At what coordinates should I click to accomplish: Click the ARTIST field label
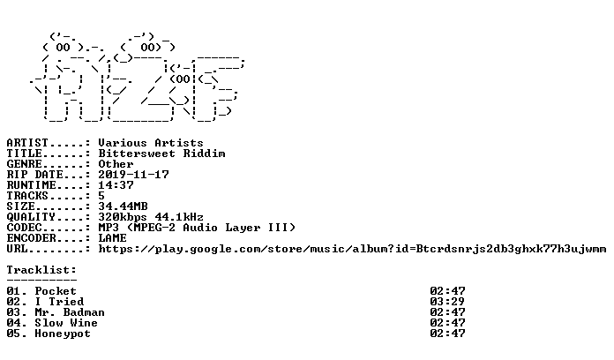point(27,143)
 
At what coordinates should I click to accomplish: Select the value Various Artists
point(151,143)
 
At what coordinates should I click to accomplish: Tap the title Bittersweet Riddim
point(161,154)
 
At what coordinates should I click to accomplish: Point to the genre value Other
point(116,164)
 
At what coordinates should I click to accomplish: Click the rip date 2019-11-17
point(133,175)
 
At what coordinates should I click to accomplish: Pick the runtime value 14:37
point(116,185)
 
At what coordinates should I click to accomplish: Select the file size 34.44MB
point(123,206)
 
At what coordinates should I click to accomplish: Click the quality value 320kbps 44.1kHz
point(151,217)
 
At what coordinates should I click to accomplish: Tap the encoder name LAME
point(112,237)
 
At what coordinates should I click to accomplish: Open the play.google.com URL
point(352,249)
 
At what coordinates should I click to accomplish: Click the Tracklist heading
point(41,270)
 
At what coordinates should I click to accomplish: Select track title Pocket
point(56,291)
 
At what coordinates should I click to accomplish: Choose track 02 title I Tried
point(59,302)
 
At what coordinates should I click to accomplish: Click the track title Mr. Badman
point(70,312)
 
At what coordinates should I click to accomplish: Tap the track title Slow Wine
point(66,323)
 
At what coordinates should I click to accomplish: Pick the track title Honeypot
point(63,334)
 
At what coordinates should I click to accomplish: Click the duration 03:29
point(447,302)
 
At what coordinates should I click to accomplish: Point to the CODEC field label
point(24,227)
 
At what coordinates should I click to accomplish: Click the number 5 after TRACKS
point(101,196)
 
